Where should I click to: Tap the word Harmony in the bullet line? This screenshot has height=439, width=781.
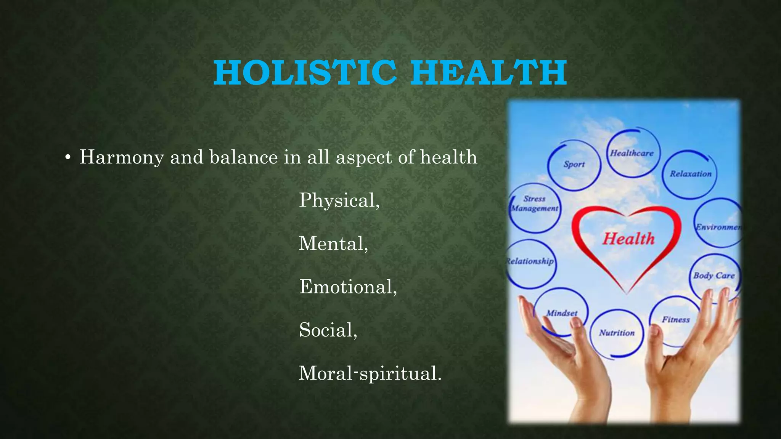tap(121, 157)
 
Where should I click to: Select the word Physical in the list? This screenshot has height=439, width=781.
tap(338, 200)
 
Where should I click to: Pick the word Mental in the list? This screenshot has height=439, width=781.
tap(332, 244)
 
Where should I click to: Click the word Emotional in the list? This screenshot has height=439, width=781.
tap(347, 287)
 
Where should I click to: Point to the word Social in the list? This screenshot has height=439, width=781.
tap(327, 330)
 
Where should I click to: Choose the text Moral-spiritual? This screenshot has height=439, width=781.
tap(369, 373)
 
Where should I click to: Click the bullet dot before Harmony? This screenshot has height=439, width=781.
tap(67, 158)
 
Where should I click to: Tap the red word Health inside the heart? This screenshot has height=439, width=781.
tap(628, 239)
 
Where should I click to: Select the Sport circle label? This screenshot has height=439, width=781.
tap(574, 164)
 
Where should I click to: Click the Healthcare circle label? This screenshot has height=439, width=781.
tap(632, 153)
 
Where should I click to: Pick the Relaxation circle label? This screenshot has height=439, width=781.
tap(691, 174)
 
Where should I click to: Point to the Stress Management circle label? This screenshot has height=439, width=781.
tap(534, 203)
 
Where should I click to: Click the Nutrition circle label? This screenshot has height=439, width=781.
tap(617, 333)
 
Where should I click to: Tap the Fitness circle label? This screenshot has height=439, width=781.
tap(676, 319)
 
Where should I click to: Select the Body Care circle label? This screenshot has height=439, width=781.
tap(714, 275)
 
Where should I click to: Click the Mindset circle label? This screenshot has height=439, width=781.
tap(562, 313)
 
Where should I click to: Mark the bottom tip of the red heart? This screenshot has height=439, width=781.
tap(627, 293)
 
